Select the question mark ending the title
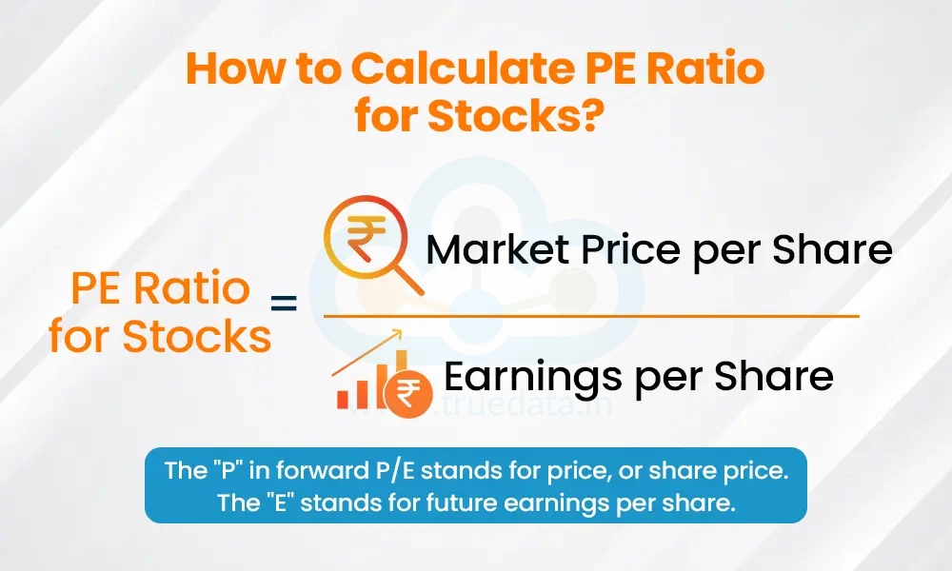591,115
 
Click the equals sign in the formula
284,303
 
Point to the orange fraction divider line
591,316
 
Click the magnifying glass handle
409,282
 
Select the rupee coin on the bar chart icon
408,393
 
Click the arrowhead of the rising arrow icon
397,334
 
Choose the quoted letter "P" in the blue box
228,470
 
